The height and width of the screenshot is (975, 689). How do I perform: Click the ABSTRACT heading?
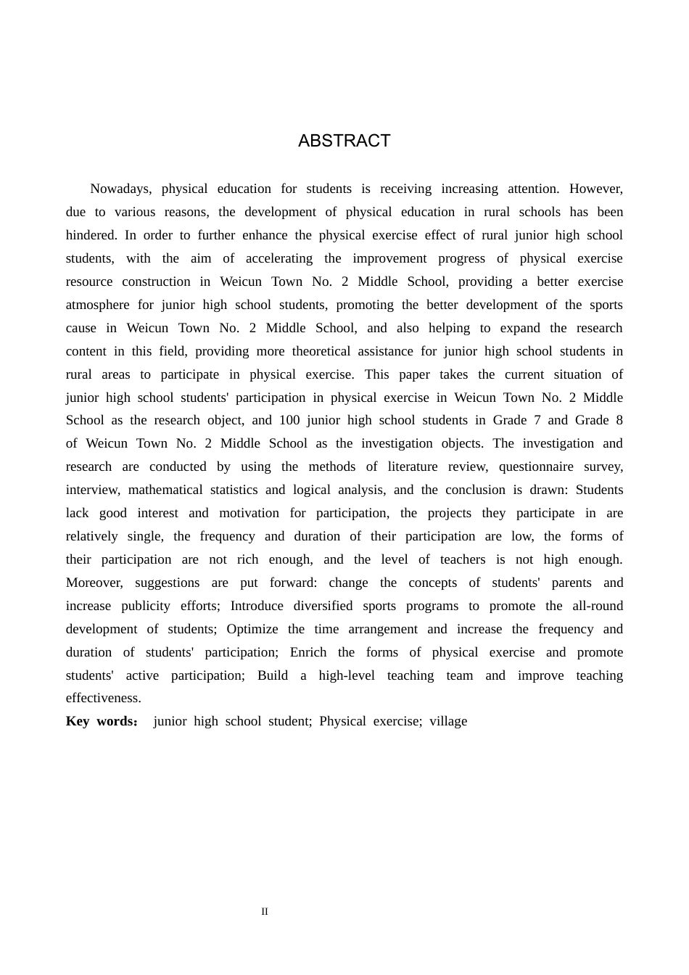click(x=344, y=141)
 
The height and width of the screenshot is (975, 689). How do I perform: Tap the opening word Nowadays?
click(x=120, y=189)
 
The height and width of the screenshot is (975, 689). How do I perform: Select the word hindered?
click(x=91, y=235)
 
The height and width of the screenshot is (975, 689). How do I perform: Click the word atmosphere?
click(x=97, y=305)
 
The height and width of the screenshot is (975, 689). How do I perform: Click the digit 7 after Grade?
click(x=536, y=420)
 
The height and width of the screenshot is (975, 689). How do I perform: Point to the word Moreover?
click(x=95, y=583)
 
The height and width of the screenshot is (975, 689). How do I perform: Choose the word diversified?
click(x=323, y=606)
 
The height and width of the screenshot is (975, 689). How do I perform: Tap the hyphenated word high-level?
click(x=347, y=675)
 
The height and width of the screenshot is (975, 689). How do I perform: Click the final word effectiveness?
click(x=103, y=698)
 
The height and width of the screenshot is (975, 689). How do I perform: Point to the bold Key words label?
click(x=101, y=721)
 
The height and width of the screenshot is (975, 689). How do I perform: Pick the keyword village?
click(x=448, y=721)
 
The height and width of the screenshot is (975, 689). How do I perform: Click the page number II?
click(x=265, y=912)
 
